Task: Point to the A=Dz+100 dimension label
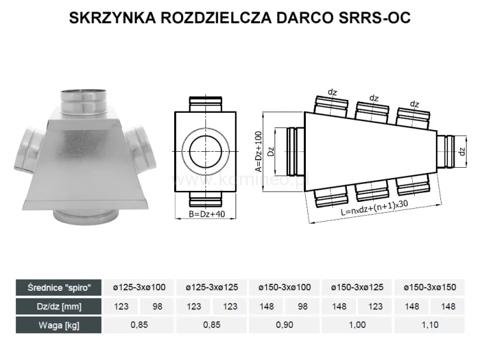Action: coord(259,152)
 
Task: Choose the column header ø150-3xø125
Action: coord(357,287)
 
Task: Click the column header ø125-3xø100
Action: coord(139,287)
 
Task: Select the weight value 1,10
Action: coord(430,325)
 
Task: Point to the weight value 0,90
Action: coord(284,325)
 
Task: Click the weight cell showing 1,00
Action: coord(357,325)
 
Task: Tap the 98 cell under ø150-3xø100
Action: coord(303,306)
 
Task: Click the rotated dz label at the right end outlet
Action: coord(461,152)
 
